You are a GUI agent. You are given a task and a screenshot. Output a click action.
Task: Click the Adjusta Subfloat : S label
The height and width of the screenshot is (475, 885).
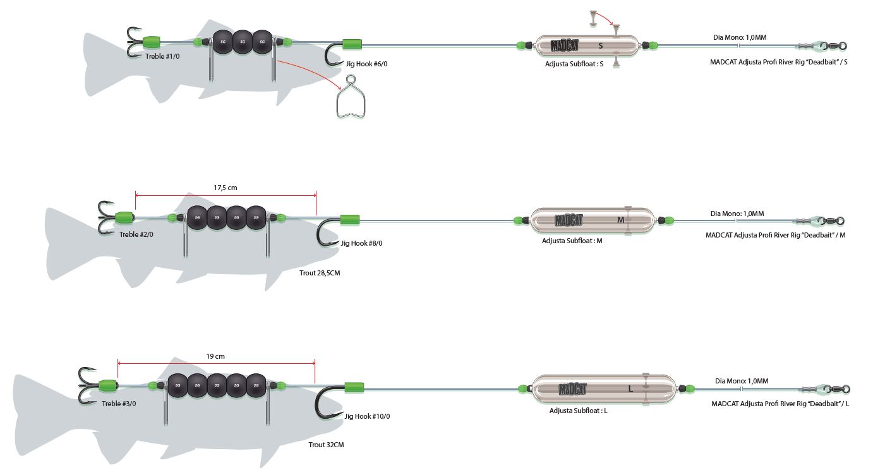point(574,64)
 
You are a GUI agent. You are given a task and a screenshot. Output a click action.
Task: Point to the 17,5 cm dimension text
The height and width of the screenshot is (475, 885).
point(226,188)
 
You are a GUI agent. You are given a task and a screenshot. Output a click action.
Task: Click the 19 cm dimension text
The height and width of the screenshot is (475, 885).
point(215,356)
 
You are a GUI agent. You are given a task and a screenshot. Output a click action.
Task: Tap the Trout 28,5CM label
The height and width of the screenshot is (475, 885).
point(320,274)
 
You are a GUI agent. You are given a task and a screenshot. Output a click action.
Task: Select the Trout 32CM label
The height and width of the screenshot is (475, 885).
point(326,445)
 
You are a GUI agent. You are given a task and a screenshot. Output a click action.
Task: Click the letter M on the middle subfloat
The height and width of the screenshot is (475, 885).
point(620,220)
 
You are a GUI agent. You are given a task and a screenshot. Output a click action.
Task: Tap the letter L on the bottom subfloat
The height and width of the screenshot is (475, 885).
point(630,389)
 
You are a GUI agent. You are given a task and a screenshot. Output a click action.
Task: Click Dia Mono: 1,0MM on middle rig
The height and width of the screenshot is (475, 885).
point(737,213)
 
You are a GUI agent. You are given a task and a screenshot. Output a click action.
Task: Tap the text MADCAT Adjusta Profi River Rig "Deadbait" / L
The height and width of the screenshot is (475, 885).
point(780,404)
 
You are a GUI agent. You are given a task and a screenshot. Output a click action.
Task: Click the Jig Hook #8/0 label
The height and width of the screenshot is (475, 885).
point(361,243)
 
